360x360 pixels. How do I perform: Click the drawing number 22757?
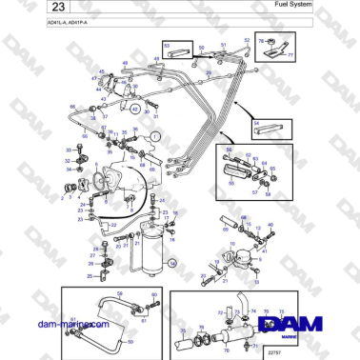(276, 350)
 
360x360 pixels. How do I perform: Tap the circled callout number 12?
(136, 110)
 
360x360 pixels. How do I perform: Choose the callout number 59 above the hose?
(119, 292)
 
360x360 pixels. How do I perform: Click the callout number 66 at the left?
(73, 108)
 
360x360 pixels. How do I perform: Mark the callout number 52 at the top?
(247, 41)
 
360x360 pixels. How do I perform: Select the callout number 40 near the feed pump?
(270, 226)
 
